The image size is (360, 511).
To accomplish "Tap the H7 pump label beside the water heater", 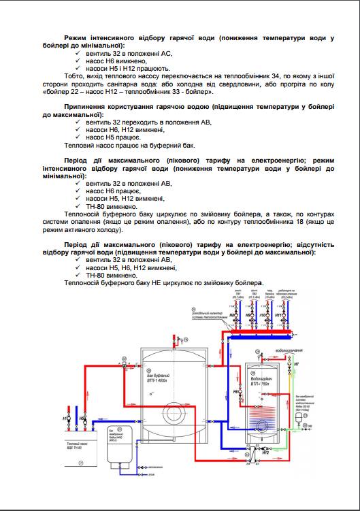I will click(x=297, y=365).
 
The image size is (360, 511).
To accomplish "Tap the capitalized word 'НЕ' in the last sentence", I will click(x=154, y=282).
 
